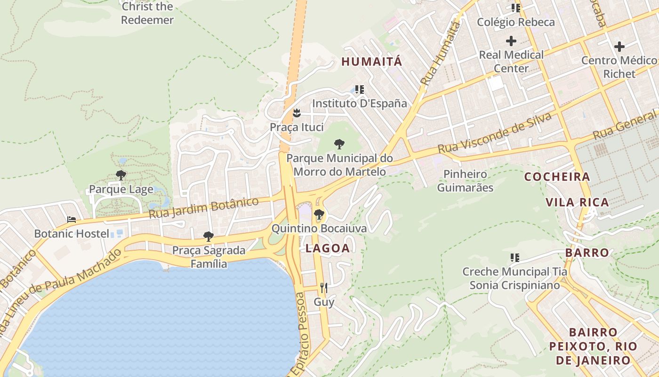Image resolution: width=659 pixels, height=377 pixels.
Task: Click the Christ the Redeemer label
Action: point(147,13)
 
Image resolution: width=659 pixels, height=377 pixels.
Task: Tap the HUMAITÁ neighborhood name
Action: point(372,62)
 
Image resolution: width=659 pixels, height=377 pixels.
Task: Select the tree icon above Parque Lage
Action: point(121,176)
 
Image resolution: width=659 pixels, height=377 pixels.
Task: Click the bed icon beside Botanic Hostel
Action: point(72,220)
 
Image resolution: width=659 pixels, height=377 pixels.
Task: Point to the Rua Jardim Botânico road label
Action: point(204,208)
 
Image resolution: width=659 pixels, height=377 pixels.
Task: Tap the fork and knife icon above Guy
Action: point(323,288)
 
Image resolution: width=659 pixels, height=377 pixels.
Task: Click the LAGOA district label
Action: point(328,248)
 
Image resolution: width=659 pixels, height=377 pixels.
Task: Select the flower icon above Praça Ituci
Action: point(297,113)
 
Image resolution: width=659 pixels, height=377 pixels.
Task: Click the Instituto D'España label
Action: point(360,103)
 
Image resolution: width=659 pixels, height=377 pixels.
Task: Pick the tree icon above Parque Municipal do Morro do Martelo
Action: point(339,144)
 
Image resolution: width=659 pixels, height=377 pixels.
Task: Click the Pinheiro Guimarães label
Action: point(465,181)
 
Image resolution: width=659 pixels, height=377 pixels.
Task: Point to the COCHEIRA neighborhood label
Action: point(557,177)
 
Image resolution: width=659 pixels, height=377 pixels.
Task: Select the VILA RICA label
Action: point(577,203)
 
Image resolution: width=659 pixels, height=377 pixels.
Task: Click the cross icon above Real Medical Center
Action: point(511,41)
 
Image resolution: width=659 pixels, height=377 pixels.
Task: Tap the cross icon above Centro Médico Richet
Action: point(619,47)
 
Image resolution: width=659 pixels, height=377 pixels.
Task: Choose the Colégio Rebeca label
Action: point(516,22)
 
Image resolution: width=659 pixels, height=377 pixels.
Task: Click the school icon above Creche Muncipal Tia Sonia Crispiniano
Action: point(515,258)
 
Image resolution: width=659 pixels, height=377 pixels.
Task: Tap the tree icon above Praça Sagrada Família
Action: point(209,236)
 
